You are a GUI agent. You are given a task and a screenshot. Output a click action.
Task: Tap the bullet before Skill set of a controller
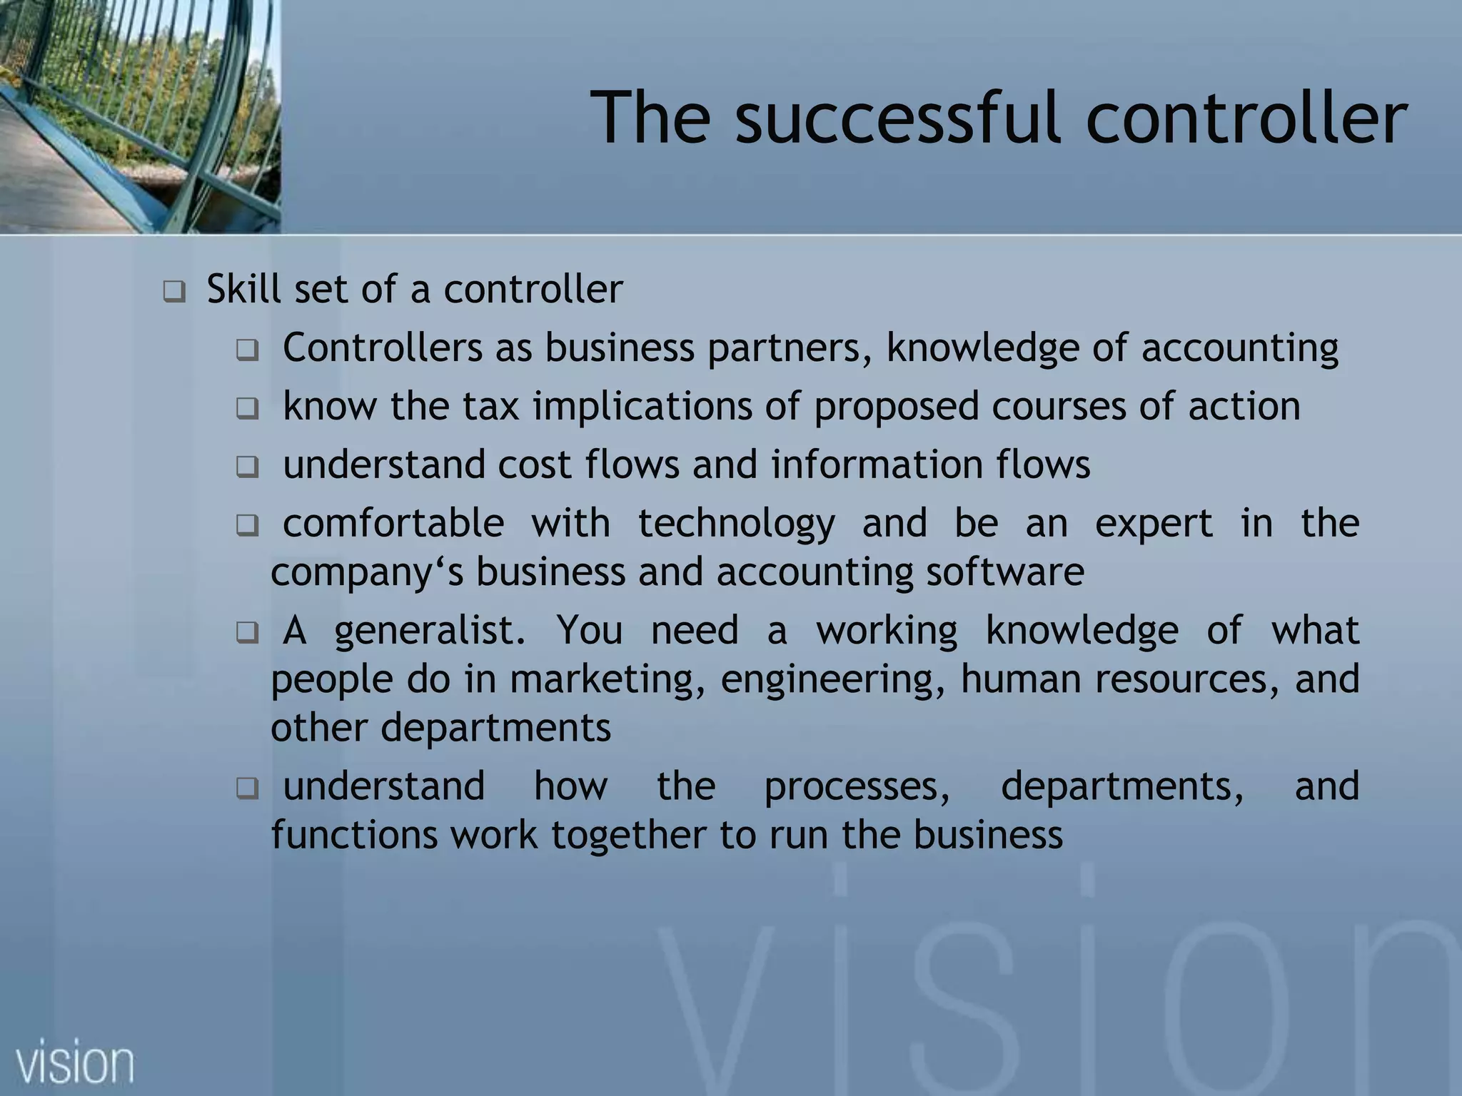173,292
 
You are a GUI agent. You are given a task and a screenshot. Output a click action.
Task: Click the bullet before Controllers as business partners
247,350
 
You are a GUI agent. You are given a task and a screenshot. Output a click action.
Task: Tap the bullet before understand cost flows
247,467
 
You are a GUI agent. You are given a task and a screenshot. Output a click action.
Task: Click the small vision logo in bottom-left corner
75,1062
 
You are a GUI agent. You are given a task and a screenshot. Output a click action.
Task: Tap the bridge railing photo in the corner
140,116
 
